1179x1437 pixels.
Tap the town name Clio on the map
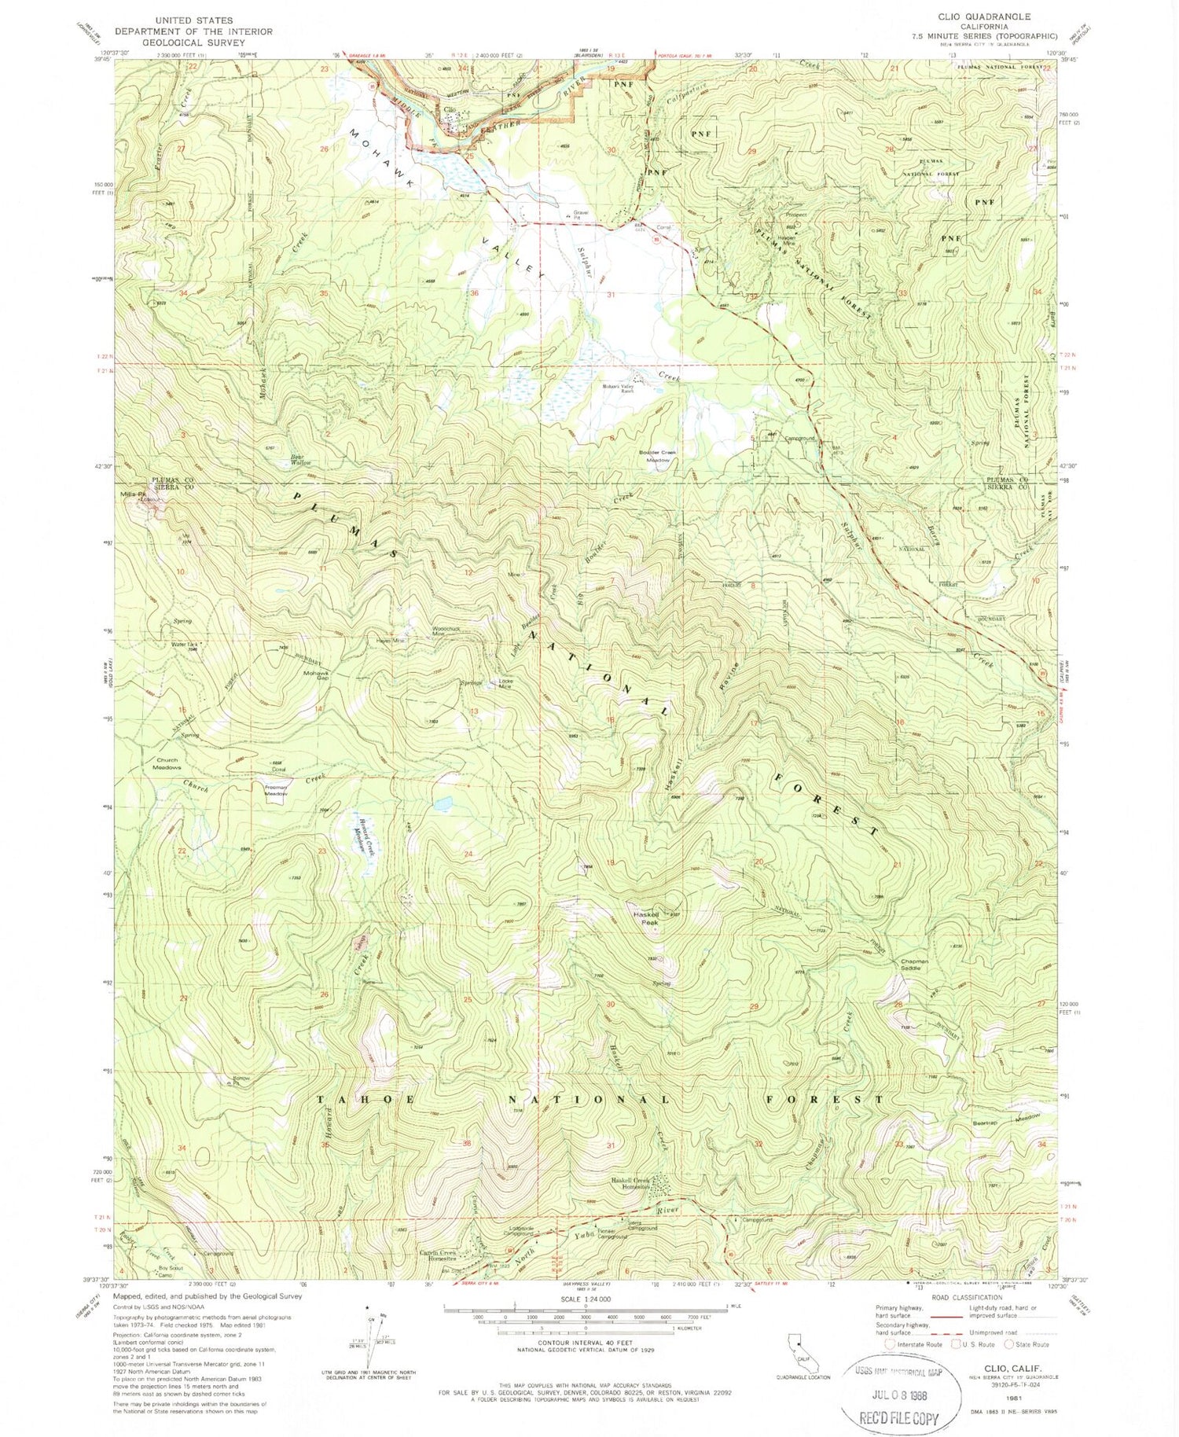(x=450, y=110)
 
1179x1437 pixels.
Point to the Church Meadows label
(x=167, y=763)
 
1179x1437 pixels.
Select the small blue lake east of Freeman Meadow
(x=443, y=804)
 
